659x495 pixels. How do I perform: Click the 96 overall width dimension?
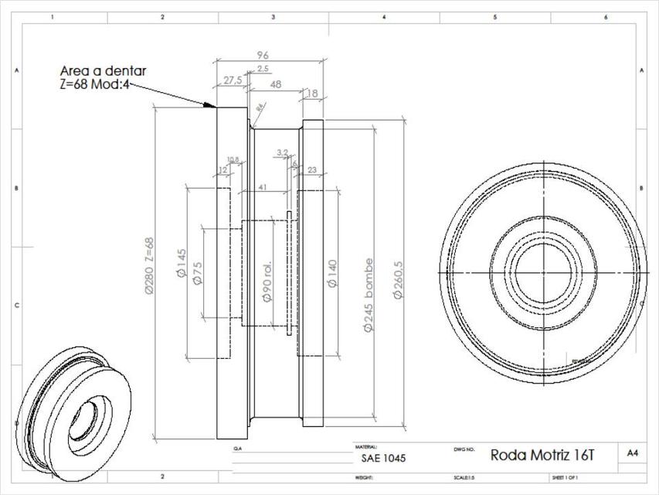(x=262, y=55)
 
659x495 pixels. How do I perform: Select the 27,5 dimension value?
(x=232, y=80)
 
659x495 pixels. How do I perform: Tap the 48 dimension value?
(x=274, y=84)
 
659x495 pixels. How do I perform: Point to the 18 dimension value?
(x=312, y=94)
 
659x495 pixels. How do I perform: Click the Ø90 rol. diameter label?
(x=267, y=283)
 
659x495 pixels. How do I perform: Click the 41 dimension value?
(x=263, y=187)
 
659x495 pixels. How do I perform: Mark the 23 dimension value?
(x=312, y=169)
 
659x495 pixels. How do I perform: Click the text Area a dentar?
(x=104, y=70)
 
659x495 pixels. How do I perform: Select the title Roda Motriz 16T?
(x=543, y=454)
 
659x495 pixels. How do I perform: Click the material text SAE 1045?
(x=383, y=458)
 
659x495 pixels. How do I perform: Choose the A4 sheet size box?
(x=633, y=452)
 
